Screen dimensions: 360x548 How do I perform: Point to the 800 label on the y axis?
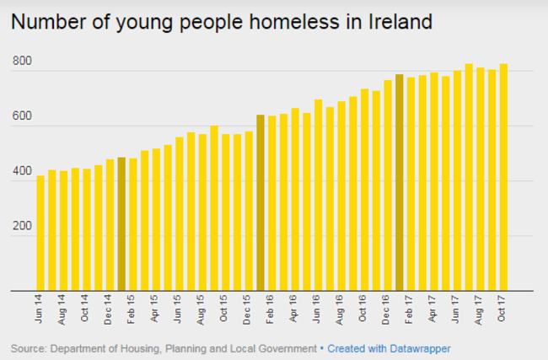(22, 62)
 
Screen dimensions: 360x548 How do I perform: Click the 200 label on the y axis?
(22, 228)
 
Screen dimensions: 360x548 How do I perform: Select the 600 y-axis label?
(22, 117)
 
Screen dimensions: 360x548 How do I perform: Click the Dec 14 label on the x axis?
(110, 311)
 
